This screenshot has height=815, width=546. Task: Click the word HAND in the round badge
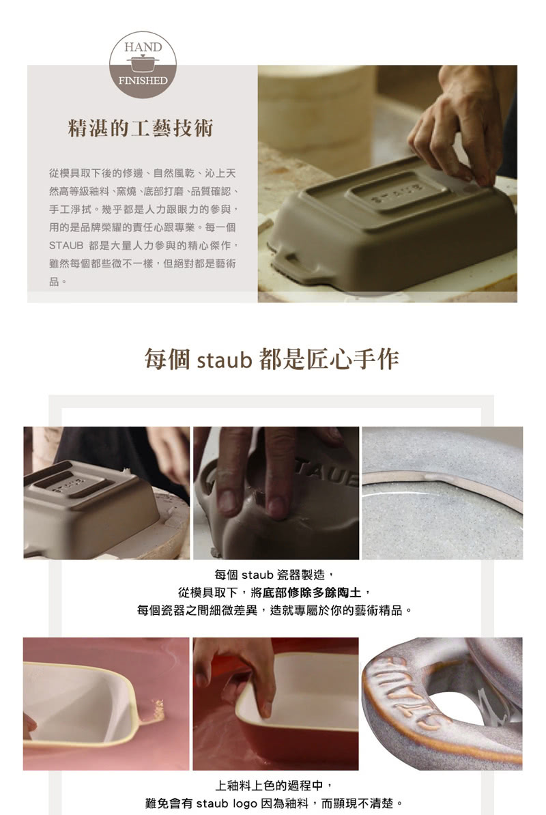tap(143, 47)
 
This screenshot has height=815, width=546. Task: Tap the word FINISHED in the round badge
tap(143, 81)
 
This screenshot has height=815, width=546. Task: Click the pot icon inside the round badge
tap(143, 63)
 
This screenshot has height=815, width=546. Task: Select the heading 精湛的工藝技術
tap(141, 128)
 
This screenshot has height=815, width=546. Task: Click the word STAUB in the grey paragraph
tap(66, 245)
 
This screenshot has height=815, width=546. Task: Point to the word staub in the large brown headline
tap(225, 360)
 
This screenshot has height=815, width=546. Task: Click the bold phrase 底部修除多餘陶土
tap(312, 592)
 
